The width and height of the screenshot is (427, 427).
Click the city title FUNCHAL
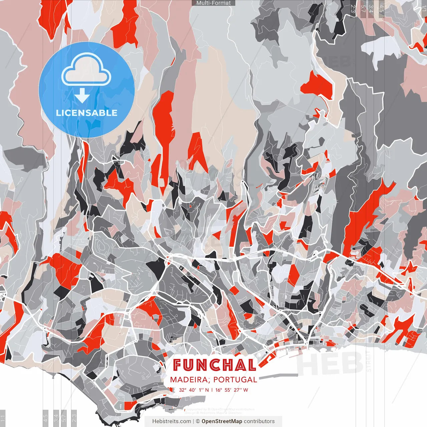(215, 365)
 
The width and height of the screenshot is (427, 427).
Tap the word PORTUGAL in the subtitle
(235, 380)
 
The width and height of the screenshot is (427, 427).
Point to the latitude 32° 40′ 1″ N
(194, 390)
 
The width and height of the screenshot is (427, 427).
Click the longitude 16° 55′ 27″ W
(232, 390)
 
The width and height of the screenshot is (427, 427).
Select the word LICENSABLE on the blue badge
(87, 113)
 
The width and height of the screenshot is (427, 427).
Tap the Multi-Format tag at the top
(213, 3)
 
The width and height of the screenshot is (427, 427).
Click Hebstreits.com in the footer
(171, 421)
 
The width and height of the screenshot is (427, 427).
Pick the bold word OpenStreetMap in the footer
(222, 421)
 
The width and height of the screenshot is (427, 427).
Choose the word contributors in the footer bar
(259, 421)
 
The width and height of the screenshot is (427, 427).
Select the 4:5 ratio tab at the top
(381, 9)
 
